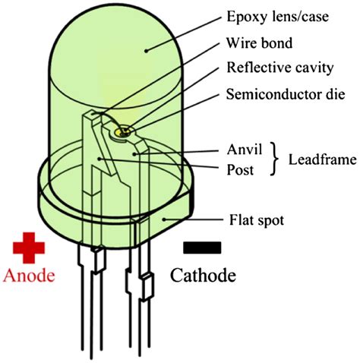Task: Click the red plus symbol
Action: [x=28, y=247]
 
